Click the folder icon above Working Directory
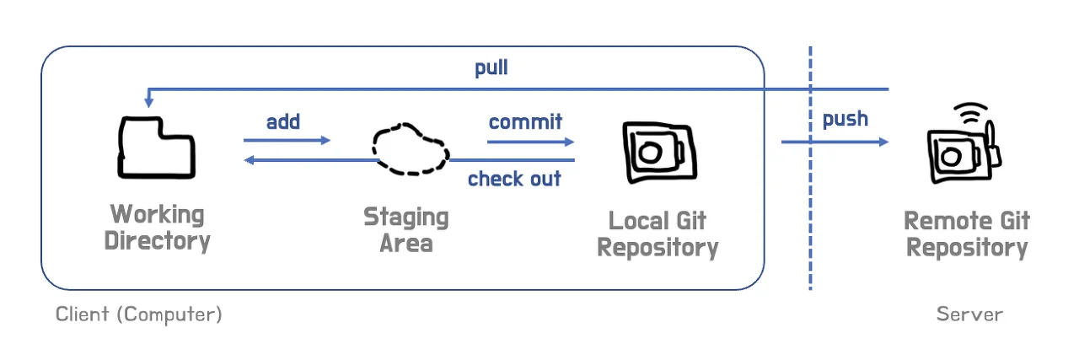[157, 148]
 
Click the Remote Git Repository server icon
[960, 152]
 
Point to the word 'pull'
[491, 67]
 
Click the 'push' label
[845, 119]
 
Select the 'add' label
[283, 122]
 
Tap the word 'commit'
[525, 122]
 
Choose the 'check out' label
[514, 179]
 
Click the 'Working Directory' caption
[157, 227]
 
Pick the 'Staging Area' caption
[406, 230]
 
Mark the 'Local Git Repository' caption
[658, 234]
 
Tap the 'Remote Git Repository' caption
[967, 234]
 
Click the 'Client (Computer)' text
[139, 314]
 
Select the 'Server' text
[969, 314]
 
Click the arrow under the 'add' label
[287, 141]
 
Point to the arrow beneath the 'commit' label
[531, 142]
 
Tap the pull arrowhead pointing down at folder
[148, 102]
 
